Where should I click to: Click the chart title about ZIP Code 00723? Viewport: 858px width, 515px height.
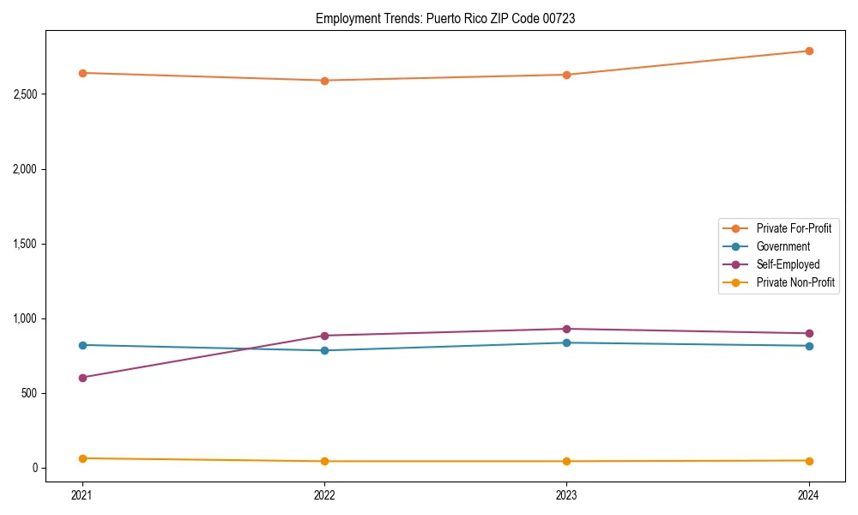(x=445, y=18)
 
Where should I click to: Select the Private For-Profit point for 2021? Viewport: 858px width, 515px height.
(x=82, y=73)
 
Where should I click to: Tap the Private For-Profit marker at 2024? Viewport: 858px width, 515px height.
(x=808, y=51)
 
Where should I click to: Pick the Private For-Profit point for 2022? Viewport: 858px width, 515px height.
(x=324, y=81)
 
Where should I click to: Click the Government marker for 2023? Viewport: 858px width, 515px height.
(x=566, y=342)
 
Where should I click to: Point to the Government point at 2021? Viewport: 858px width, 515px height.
(x=82, y=345)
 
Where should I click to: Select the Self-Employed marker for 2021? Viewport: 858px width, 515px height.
(x=82, y=378)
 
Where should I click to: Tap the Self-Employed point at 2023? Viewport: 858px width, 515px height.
(x=566, y=329)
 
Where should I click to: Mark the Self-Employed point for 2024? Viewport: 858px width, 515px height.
(x=808, y=333)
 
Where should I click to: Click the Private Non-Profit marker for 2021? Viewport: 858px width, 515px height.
(x=82, y=458)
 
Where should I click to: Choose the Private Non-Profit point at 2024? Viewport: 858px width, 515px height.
(x=808, y=461)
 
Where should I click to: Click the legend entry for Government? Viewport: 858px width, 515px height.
(x=782, y=246)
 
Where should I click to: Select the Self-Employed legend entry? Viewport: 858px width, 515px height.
(x=788, y=264)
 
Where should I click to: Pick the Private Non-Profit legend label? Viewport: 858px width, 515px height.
(x=795, y=282)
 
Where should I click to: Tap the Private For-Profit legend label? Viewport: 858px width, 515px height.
(x=794, y=228)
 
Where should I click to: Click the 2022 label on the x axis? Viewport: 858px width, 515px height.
(x=324, y=494)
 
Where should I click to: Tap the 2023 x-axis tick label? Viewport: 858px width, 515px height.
(x=566, y=494)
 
